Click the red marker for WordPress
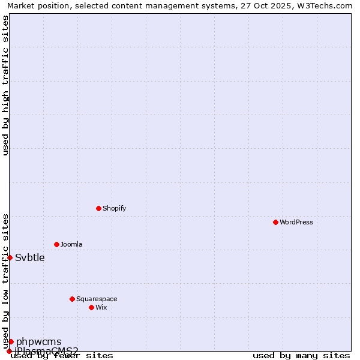pos(275,222)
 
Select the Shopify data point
pos(98,208)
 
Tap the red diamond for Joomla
pos(56,244)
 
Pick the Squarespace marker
pos(72,299)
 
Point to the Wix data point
pos(91,307)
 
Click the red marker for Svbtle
pos(10,257)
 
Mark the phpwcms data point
pos(11,341)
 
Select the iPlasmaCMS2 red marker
pos(9,351)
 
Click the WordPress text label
pos(296,222)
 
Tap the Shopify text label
pos(114,208)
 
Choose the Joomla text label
pos(71,244)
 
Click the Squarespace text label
pos(97,299)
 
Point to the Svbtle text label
pos(30,258)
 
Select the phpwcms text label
pos(38,342)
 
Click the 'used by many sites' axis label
pos(301,355)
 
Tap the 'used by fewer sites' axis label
pos(62,355)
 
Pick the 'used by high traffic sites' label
pos(5,85)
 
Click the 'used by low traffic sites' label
pos(5,281)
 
